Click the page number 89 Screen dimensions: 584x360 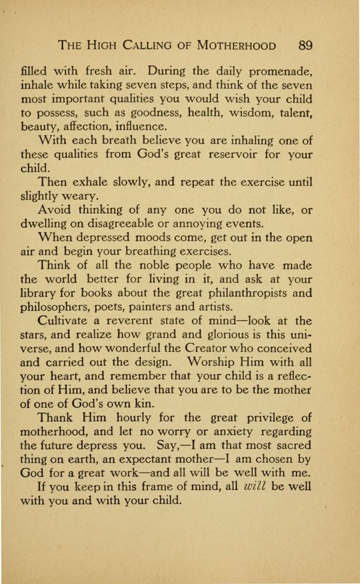tap(305, 46)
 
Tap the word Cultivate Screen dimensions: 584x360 tap(66, 321)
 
